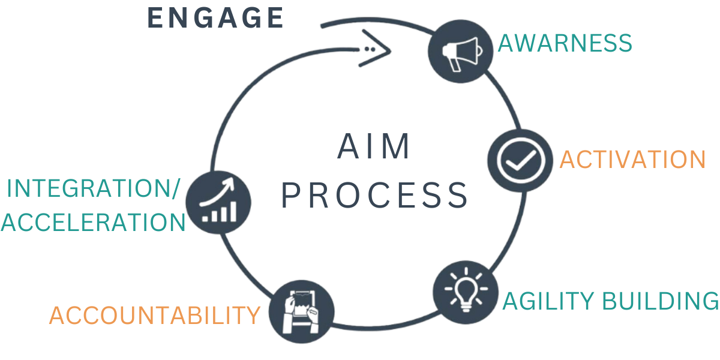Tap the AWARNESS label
[x=565, y=43]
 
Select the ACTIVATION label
[x=632, y=160]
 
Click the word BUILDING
[x=663, y=301]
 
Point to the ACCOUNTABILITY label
[x=155, y=315]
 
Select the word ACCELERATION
[x=92, y=223]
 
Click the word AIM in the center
[x=374, y=146]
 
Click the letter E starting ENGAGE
[x=155, y=17]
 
